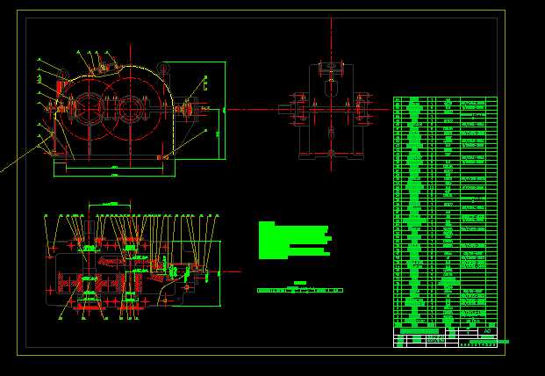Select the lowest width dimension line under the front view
point(114,176)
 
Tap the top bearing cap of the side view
point(330,69)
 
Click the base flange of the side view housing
point(331,157)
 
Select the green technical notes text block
point(293,239)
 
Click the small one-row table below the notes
point(299,289)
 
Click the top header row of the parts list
point(445,99)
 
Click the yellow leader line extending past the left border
point(13,163)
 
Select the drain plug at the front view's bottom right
point(162,156)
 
